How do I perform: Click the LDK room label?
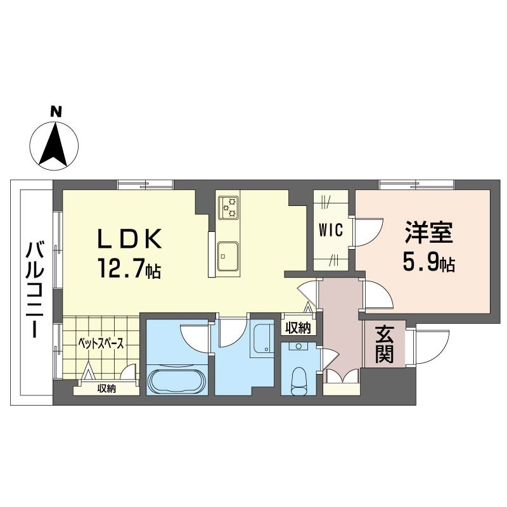(x=129, y=239)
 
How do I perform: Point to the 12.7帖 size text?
(x=130, y=268)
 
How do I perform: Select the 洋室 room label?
(x=429, y=233)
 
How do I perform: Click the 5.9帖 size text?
(x=429, y=261)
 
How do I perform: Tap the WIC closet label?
(x=330, y=230)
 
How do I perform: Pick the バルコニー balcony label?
(x=35, y=289)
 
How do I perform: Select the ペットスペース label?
(x=101, y=343)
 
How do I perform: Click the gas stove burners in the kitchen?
(x=229, y=207)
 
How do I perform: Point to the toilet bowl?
(x=298, y=382)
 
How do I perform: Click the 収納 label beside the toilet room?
(x=298, y=328)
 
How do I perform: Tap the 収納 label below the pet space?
(x=107, y=388)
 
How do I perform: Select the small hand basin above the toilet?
(x=298, y=346)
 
